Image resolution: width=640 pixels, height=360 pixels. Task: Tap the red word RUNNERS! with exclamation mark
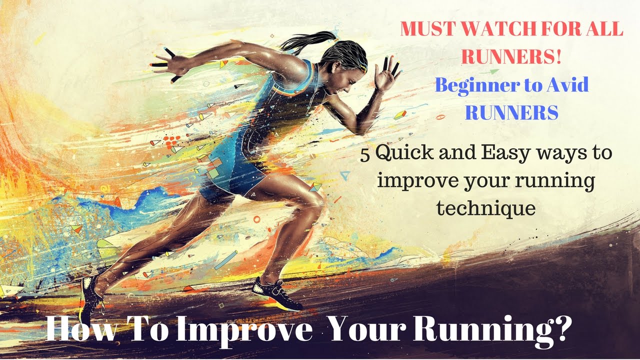click(x=511, y=56)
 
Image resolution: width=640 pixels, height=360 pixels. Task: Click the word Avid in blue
click(x=567, y=84)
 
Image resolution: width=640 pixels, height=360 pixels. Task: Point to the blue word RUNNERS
click(x=511, y=112)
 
